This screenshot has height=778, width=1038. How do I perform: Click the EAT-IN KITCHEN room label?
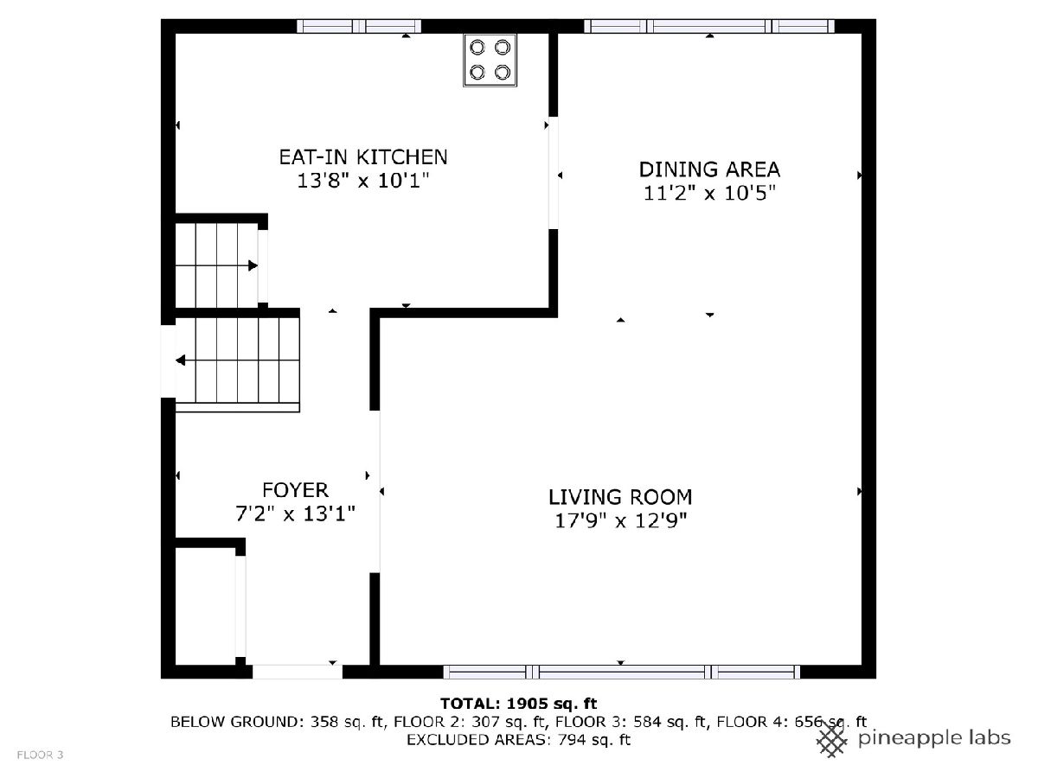point(362,157)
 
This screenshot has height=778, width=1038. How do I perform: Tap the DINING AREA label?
point(708,169)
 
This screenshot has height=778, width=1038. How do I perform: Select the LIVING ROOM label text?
point(620,497)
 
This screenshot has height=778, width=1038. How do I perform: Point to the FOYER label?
point(295,490)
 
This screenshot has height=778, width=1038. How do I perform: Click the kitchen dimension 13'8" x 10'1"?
point(362,181)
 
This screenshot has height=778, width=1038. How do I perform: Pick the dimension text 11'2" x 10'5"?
point(708,193)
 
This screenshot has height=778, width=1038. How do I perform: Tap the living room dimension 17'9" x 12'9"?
point(620,521)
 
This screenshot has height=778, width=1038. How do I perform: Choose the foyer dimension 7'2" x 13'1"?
point(295,514)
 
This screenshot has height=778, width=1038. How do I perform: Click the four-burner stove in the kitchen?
point(490,60)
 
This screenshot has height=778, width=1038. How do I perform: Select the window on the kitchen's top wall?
point(359,26)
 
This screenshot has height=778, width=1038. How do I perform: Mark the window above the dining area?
point(708,26)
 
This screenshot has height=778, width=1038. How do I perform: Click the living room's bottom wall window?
point(621,672)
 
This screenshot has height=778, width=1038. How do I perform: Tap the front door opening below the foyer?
point(297,672)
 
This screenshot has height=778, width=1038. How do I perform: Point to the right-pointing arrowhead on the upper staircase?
point(253,265)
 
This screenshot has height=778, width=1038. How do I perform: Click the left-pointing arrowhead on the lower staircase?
point(180,360)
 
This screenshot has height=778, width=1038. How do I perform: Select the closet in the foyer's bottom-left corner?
point(206,606)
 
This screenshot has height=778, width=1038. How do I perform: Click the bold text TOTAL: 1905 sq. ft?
point(519,704)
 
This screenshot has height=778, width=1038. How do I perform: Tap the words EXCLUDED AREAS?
point(477,740)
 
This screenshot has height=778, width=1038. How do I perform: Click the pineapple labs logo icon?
point(832,741)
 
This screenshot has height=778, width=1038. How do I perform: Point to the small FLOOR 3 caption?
point(40,755)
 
